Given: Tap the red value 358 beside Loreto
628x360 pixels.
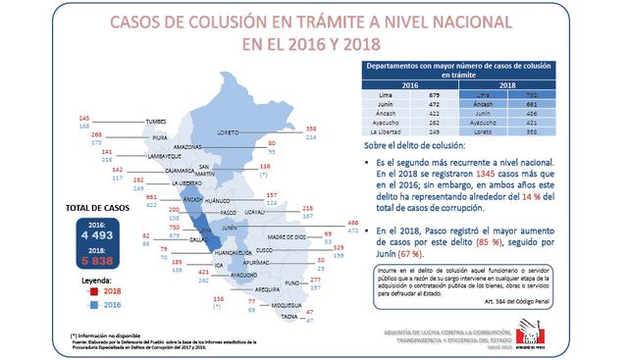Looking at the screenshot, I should coord(311,128).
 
